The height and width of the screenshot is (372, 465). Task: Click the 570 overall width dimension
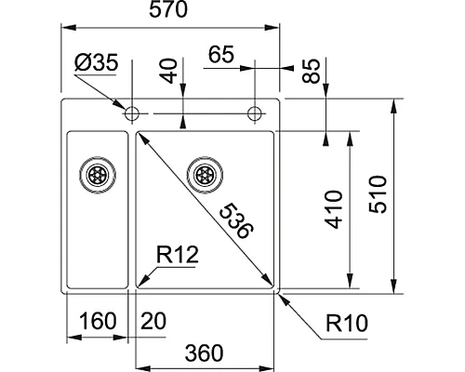point(171,12)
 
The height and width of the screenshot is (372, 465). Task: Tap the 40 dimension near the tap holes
point(168,72)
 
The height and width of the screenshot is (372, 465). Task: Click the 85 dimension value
point(312,72)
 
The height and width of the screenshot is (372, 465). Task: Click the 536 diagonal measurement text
point(233,219)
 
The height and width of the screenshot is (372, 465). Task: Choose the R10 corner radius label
point(349,324)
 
